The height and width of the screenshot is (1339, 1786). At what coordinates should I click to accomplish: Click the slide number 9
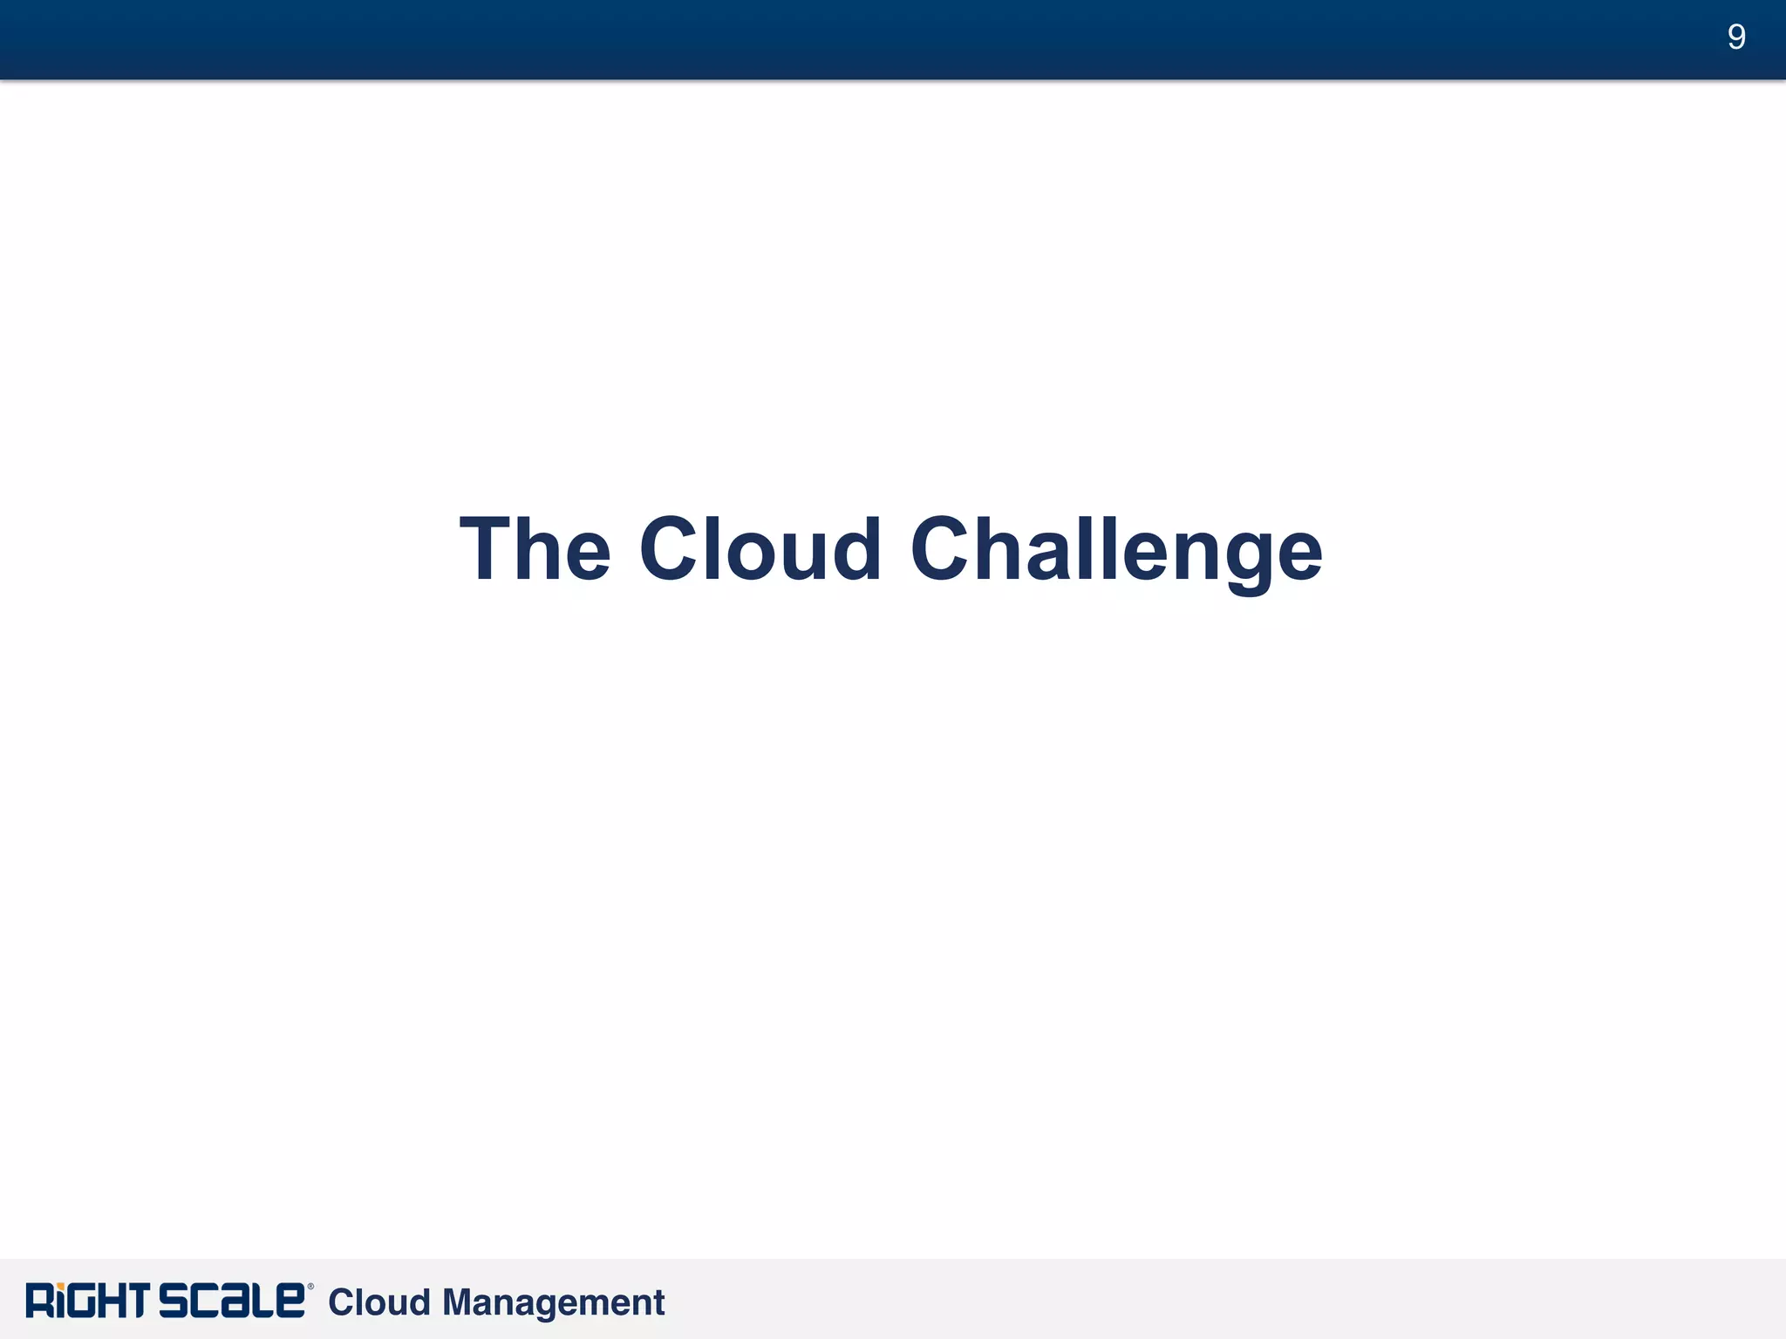point(1735,37)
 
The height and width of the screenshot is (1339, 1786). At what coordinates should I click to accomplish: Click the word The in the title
point(535,549)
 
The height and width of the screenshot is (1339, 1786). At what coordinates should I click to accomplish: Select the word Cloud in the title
point(760,549)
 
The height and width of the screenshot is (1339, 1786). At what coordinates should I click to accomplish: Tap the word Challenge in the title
point(1116,549)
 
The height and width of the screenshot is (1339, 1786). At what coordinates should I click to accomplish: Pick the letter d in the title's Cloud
point(854,549)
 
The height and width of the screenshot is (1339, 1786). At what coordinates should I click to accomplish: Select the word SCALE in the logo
point(232,1301)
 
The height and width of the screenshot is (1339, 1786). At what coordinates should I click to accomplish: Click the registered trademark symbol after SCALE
point(310,1287)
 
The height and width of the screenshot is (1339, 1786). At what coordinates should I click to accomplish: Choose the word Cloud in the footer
point(379,1302)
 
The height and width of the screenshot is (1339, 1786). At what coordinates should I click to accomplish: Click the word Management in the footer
point(553,1302)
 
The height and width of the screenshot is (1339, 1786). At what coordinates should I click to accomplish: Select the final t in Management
point(658,1303)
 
